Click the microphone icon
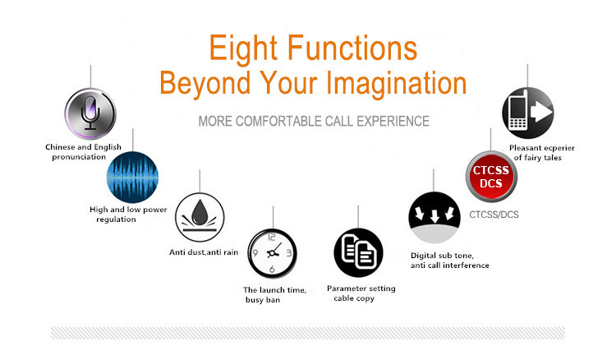click(90, 113)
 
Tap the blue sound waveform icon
click(132, 178)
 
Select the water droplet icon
click(200, 217)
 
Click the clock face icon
click(272, 253)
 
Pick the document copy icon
click(358, 252)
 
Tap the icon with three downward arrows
click(434, 217)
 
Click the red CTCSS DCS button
click(491, 177)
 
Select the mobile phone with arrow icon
click(527, 113)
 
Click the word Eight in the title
click(243, 48)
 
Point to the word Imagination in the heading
click(397, 84)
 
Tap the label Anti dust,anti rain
click(204, 252)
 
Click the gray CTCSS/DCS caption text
click(494, 215)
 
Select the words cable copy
click(354, 298)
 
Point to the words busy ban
click(263, 300)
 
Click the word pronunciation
click(79, 157)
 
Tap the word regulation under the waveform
click(116, 219)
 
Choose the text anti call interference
click(450, 265)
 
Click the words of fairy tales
click(537, 158)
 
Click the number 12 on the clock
click(272, 238)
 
